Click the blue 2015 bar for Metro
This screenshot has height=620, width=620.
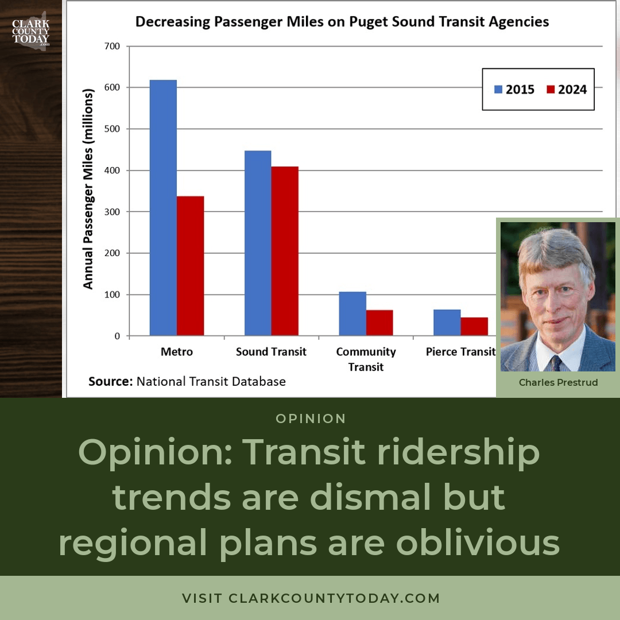[163, 208]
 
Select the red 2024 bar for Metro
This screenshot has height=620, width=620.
[190, 266]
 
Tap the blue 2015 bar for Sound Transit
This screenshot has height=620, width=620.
[258, 243]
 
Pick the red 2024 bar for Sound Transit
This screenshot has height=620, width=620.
[285, 251]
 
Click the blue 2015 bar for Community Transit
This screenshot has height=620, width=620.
[352, 314]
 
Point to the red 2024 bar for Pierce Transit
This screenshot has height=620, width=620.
[474, 327]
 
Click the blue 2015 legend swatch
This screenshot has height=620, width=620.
[498, 90]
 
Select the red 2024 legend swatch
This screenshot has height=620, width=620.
[551, 90]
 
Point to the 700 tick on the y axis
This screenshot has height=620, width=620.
[112, 46]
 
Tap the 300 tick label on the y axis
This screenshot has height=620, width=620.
[112, 212]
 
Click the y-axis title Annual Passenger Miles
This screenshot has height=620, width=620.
[88, 189]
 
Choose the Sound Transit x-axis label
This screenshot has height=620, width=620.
[271, 351]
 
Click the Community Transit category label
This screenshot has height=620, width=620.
[366, 359]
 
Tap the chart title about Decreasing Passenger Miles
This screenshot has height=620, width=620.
[342, 22]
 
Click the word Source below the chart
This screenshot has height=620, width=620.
[110, 381]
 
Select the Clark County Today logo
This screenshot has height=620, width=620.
[31, 31]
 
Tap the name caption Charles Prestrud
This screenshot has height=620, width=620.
[559, 382]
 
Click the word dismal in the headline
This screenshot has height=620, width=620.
[373, 497]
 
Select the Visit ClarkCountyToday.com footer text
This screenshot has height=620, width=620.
[311, 598]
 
